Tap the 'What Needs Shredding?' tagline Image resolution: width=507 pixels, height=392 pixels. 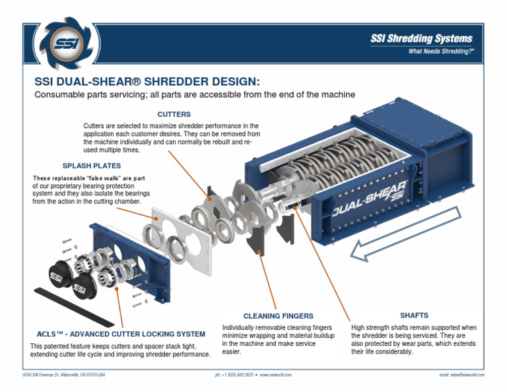tap(440, 51)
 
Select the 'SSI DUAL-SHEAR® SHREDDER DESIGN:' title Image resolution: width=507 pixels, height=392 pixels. tap(147, 82)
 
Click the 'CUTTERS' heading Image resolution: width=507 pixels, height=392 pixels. tap(174, 114)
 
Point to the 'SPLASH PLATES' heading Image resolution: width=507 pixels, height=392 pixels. tap(91, 166)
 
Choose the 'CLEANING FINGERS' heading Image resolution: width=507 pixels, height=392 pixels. tap(278, 315)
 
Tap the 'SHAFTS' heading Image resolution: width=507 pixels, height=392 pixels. tap(414, 315)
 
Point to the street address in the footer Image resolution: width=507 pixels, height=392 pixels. tap(63, 375)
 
